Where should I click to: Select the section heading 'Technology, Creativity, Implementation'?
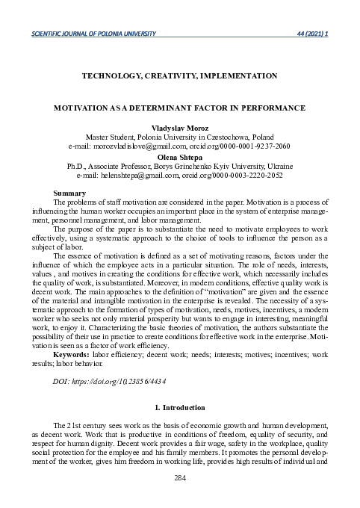(179, 75)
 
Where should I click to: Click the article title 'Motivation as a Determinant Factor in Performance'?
(180, 108)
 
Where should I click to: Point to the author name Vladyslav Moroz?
(180, 129)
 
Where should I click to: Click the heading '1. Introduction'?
(179, 408)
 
